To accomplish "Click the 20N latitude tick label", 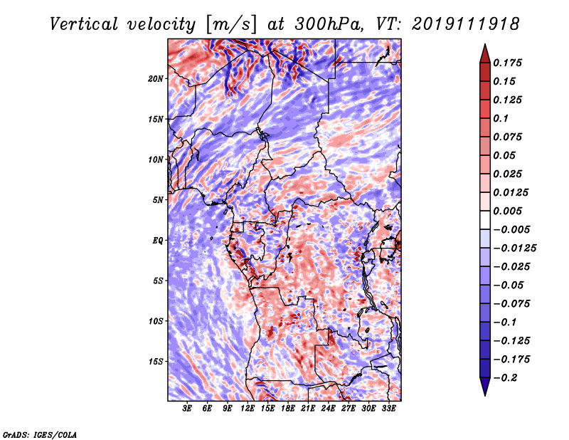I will pos(156,78).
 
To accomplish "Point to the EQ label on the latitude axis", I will pos(158,240).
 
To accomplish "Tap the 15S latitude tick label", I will pos(156,361).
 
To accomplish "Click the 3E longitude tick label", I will pos(188,409).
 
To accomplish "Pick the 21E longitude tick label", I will pos(309,409).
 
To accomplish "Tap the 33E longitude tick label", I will pos(389,409).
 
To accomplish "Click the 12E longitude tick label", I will pos(248,409).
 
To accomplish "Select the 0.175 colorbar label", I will pos(509,63).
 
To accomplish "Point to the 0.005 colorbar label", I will pos(509,211).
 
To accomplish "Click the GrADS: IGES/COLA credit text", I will pos(40,434).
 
